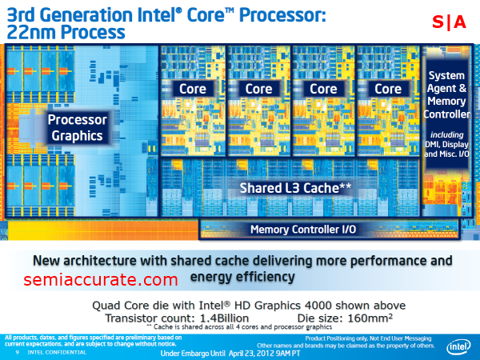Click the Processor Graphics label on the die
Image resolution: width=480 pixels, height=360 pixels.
point(77,128)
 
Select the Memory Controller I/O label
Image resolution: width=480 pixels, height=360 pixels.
point(305,229)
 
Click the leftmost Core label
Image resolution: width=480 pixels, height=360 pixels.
point(193,89)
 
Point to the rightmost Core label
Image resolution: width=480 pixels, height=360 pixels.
point(388,89)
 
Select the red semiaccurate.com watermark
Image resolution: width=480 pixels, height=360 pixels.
point(100,280)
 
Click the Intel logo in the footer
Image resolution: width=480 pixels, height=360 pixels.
point(458,347)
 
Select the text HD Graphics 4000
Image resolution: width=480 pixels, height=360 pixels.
point(319,305)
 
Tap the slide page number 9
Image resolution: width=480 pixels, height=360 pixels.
point(16,352)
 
